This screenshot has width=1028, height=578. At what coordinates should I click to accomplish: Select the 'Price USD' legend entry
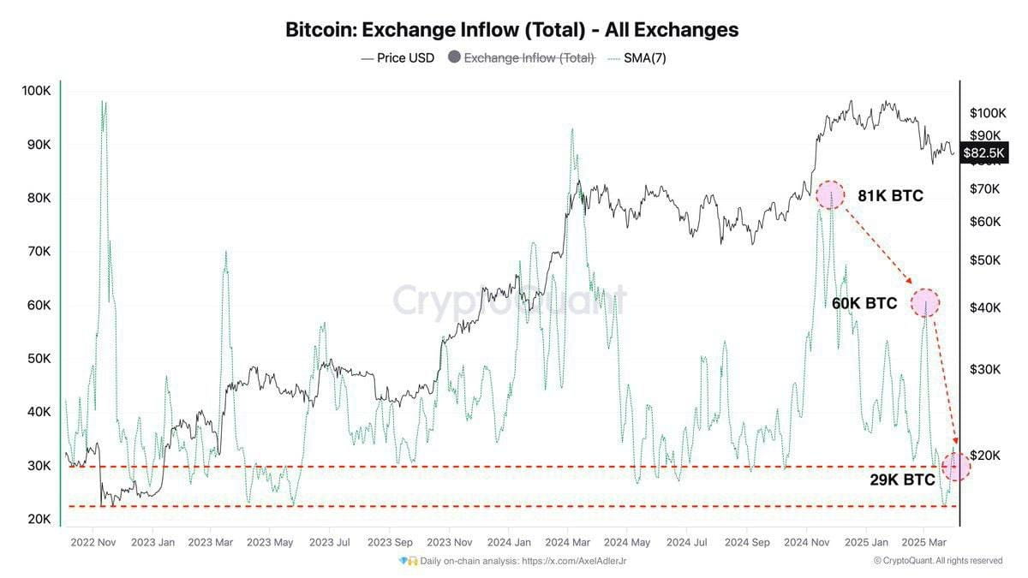397,58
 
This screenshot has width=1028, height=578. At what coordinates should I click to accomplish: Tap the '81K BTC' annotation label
890,196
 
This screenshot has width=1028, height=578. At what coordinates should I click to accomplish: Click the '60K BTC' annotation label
864,303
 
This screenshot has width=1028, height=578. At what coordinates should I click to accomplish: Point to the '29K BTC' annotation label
902,480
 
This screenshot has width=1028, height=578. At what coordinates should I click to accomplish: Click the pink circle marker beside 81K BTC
829,195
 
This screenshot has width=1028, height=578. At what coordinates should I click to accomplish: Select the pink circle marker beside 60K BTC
925,302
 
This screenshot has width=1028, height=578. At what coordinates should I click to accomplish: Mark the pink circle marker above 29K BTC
956,466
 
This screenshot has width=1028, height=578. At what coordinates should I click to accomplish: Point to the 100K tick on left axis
36,91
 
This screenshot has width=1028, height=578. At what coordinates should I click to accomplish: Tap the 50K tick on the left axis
36,358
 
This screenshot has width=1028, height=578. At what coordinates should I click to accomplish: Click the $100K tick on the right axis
987,112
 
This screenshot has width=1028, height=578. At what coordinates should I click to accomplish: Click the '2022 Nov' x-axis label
93,542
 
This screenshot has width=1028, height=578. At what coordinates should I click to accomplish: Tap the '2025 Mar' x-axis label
927,542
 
